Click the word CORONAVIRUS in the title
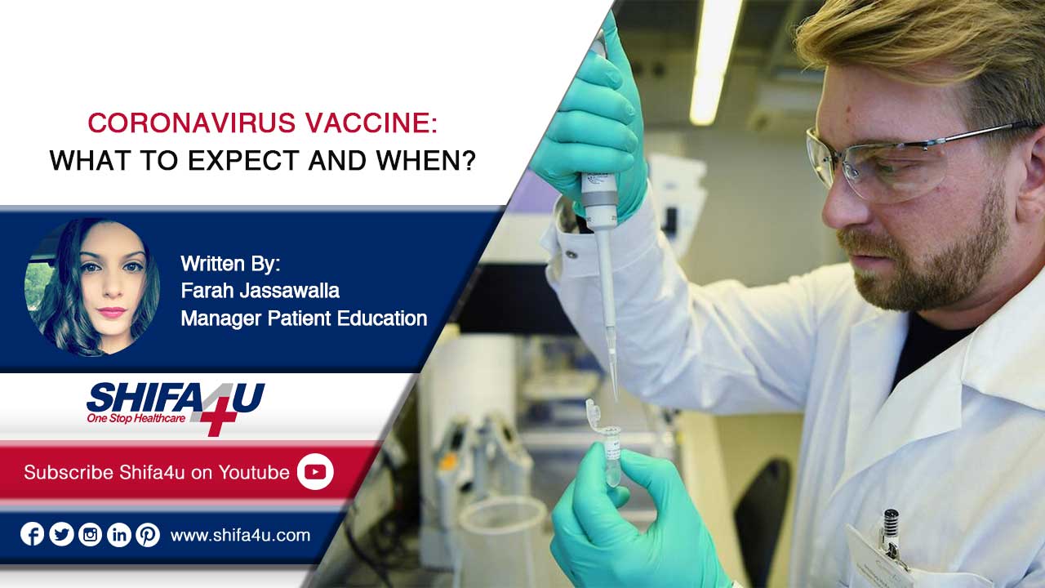(x=191, y=123)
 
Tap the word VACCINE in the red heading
(x=371, y=123)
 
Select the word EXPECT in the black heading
(x=243, y=161)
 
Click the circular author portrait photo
(x=92, y=287)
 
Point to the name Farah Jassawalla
(x=260, y=291)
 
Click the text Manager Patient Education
(x=304, y=318)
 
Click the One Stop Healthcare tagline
(x=136, y=418)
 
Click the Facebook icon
(x=32, y=534)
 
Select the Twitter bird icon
(x=61, y=534)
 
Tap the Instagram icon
(x=90, y=534)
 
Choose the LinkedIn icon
(x=119, y=534)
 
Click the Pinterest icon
(x=148, y=534)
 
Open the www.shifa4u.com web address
(x=240, y=535)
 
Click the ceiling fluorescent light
(x=713, y=60)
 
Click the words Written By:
(x=230, y=264)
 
